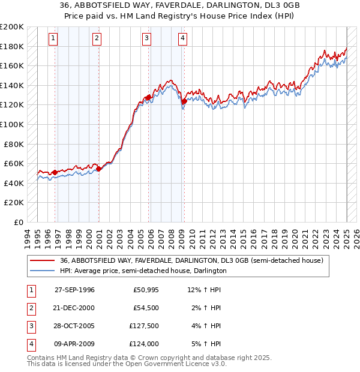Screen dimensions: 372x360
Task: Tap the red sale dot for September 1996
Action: tap(55, 172)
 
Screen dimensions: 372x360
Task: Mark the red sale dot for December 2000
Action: tap(99, 169)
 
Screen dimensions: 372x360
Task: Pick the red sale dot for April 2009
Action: tap(184, 101)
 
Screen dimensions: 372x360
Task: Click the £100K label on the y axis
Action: tap(12, 124)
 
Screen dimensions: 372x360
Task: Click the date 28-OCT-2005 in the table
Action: tap(74, 326)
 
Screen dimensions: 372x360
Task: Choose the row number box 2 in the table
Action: tap(30, 308)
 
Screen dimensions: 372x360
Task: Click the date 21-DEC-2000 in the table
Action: tap(74, 308)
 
